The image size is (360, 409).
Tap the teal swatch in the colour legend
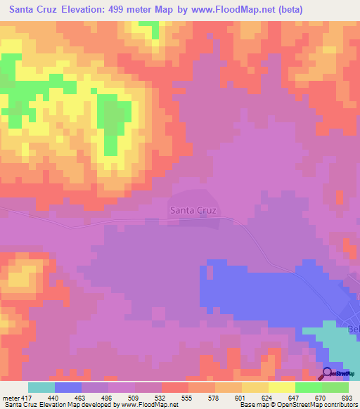click(x=41, y=387)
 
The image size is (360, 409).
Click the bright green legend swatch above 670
click(x=309, y=387)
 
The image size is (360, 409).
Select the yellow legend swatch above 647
click(x=282, y=387)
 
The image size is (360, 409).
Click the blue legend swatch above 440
click(x=68, y=387)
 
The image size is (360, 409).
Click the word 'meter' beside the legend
click(x=10, y=397)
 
